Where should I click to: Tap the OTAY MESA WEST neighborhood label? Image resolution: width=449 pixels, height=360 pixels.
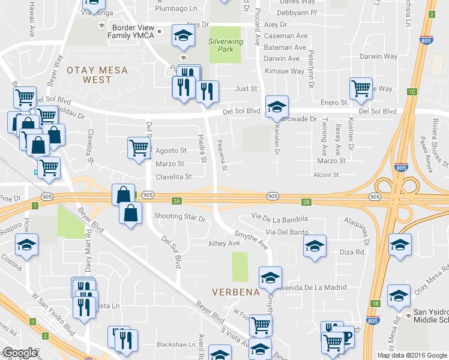click(x=97, y=74)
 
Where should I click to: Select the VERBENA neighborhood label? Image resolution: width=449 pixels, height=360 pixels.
click(x=235, y=292)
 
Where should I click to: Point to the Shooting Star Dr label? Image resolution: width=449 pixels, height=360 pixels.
click(x=179, y=216)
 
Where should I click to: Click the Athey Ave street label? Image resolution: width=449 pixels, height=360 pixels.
click(x=224, y=243)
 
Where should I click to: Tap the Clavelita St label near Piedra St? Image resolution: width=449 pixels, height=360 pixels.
click(x=173, y=177)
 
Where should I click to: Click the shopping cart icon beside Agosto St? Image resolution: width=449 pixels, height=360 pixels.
click(x=139, y=148)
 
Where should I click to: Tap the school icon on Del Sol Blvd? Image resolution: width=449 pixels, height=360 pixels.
click(x=277, y=107)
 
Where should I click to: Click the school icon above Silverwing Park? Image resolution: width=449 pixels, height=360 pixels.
click(x=184, y=35)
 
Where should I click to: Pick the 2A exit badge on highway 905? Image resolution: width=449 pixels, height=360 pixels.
click(x=176, y=202)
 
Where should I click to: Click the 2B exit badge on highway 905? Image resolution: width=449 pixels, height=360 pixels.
click(x=306, y=202)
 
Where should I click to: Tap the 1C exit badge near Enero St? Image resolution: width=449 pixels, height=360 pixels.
click(x=411, y=92)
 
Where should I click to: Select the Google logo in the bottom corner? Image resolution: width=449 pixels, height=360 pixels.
click(x=20, y=353)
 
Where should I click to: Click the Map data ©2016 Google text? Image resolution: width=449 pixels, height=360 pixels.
click(x=412, y=355)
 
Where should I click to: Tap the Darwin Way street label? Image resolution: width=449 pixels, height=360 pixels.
click(x=378, y=57)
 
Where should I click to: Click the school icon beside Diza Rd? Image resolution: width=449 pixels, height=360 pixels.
click(x=314, y=246)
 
